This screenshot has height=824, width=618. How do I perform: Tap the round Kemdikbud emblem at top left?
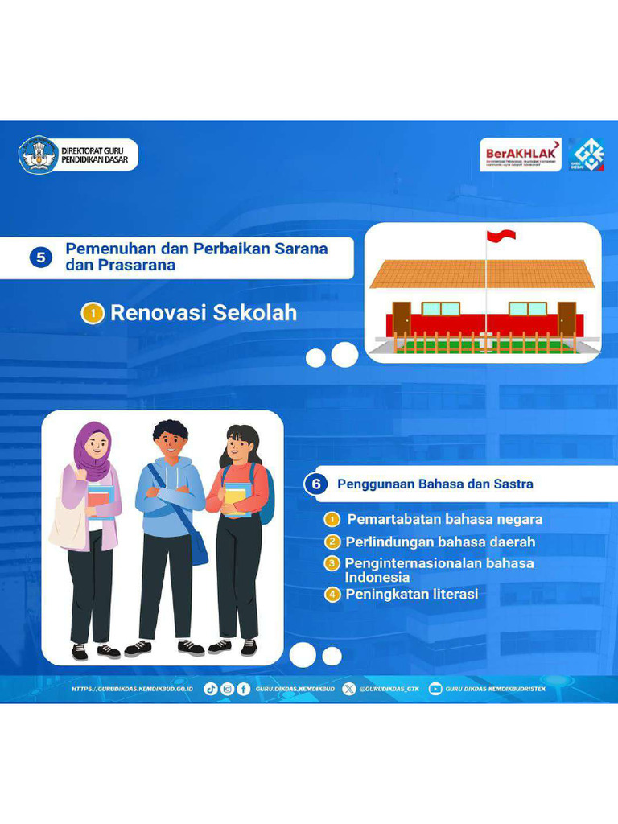[x=38, y=155]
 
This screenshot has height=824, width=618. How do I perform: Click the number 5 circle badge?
[x=40, y=257]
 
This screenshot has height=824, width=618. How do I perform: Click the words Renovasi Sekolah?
[x=204, y=313]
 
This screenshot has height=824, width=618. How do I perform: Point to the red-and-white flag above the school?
[x=501, y=236]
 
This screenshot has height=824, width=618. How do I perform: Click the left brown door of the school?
[x=402, y=317]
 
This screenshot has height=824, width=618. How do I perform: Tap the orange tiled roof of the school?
[x=481, y=274]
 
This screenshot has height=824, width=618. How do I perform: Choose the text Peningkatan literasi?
[x=411, y=595]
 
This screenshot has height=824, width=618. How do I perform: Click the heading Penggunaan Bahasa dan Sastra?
[x=435, y=484]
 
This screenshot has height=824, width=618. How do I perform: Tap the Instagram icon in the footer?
[x=227, y=689]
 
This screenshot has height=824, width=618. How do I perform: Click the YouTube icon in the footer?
[x=435, y=689]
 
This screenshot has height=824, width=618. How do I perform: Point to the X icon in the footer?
[x=349, y=689]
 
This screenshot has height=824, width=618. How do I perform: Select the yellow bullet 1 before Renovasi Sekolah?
[x=93, y=314]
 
